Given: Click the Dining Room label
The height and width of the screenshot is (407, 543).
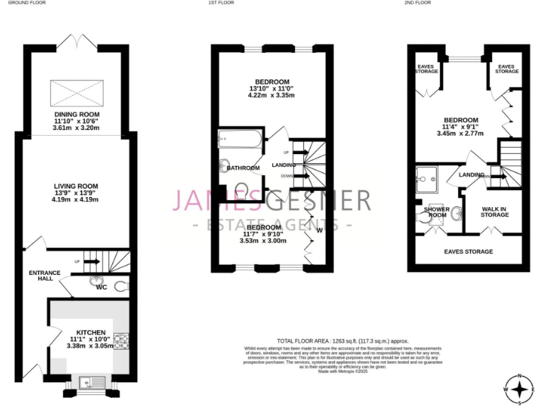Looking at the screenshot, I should point(77,114).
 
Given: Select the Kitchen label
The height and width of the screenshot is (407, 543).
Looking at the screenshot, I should point(91,332).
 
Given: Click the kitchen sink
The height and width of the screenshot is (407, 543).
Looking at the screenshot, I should point(91,382).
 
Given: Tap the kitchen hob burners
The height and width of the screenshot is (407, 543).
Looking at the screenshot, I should point(121,341).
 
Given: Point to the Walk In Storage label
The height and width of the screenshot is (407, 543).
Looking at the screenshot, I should point(494,213).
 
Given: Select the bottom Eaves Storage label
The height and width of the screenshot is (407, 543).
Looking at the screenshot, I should point(468,252).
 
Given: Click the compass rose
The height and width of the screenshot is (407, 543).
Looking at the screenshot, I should point(520,389).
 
